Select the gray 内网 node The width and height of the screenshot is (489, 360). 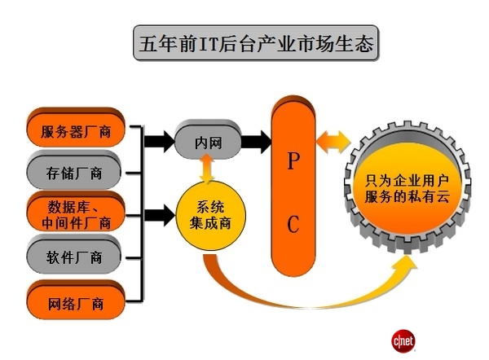coord(209,142)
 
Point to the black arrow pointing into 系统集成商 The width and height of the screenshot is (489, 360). coord(161,214)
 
